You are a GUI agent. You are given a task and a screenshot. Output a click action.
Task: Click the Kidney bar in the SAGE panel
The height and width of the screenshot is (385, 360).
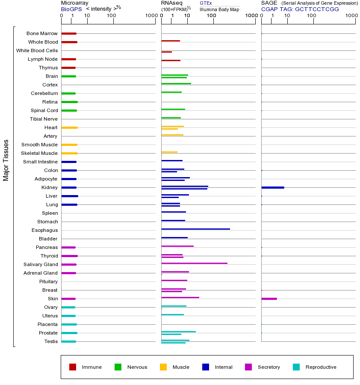click(x=272, y=187)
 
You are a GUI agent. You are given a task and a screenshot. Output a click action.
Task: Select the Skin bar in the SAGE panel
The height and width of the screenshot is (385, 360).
click(x=269, y=299)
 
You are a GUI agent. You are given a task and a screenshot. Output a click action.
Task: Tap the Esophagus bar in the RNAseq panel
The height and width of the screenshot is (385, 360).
click(x=195, y=229)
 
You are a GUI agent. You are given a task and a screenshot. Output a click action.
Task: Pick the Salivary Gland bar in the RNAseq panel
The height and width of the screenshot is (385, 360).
click(x=194, y=263)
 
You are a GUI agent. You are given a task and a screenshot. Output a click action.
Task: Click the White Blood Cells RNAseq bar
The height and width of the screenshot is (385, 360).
click(x=166, y=52)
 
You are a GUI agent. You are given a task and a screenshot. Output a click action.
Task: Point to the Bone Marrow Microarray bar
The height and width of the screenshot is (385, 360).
click(x=69, y=33)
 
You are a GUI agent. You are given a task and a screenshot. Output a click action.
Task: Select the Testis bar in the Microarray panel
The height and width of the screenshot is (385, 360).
click(x=68, y=341)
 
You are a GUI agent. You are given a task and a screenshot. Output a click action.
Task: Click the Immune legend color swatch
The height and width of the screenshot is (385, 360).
click(x=73, y=367)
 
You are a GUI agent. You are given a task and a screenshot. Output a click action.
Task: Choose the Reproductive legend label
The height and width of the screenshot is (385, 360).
click(x=321, y=367)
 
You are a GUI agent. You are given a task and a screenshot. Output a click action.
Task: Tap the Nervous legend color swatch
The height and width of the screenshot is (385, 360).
click(x=118, y=367)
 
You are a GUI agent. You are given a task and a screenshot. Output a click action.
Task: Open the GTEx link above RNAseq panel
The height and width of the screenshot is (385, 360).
click(x=206, y=3)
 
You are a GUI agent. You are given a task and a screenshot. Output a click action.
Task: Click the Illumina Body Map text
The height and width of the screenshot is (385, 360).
click(x=219, y=9)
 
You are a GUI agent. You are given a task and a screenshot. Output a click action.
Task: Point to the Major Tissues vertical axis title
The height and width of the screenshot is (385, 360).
click(x=6, y=160)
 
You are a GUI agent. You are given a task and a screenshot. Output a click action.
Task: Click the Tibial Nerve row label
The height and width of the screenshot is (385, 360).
click(x=44, y=119)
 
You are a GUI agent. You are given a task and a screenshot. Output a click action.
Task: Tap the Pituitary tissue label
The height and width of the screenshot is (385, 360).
click(x=48, y=281)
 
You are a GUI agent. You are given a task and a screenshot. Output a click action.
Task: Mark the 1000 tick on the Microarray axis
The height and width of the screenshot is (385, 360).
click(x=150, y=16)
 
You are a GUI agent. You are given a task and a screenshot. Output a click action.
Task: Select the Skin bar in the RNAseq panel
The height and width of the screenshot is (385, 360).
click(x=180, y=297)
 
